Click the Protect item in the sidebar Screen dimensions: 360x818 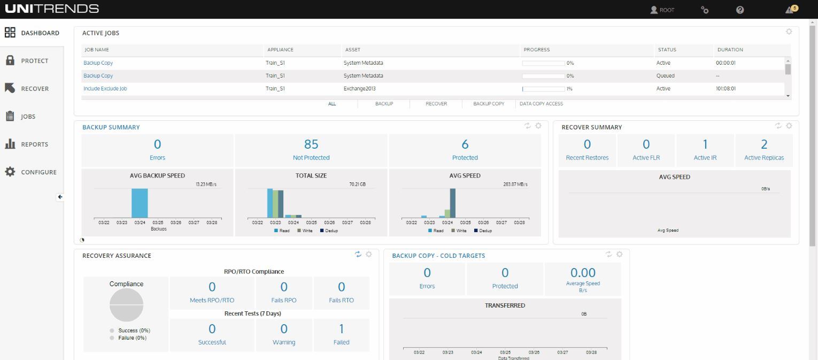[x=34, y=61]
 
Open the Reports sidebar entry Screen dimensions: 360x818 [x=34, y=144]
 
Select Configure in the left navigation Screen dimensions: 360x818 [x=38, y=172]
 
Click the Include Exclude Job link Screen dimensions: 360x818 [x=105, y=89]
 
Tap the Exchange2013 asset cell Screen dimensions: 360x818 [x=364, y=89]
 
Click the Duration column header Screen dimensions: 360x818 [x=730, y=50]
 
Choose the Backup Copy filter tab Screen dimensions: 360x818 [x=489, y=104]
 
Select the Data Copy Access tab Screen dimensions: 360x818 [x=541, y=104]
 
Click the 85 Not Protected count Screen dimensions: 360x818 [x=311, y=144]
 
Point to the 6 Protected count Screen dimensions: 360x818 [x=465, y=144]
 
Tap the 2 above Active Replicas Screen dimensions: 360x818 [x=764, y=144]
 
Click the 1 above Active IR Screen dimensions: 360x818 [x=705, y=144]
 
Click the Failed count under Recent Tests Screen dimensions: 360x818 [x=341, y=329]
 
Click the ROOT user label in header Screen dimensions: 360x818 [x=662, y=10]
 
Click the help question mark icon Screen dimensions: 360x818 [x=740, y=10]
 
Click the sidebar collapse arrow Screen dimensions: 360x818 [x=60, y=197]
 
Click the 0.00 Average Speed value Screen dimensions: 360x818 [x=583, y=273]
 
